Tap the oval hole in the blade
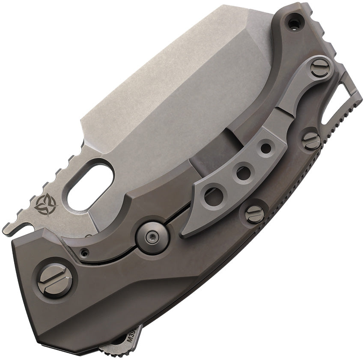pyautogui.click(x=90, y=184)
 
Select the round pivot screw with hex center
pyautogui.click(x=152, y=235)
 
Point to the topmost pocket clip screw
pyautogui.click(x=320, y=68)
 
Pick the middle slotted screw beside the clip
pyautogui.click(x=311, y=140)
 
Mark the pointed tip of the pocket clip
pyautogui.click(x=184, y=234)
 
